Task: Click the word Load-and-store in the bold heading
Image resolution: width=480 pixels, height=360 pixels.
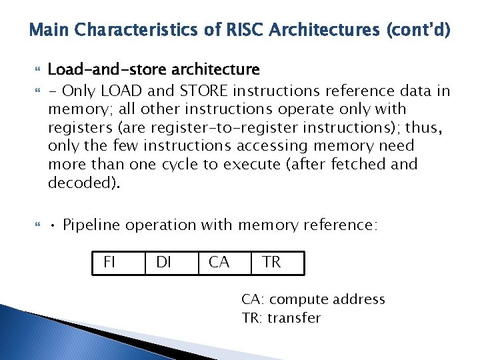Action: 97,69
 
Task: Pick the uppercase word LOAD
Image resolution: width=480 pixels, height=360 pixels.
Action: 119,91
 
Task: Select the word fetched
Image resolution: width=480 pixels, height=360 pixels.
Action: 360,164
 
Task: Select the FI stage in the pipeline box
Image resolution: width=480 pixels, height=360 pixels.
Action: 109,263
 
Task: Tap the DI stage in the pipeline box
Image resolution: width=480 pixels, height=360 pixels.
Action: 163,263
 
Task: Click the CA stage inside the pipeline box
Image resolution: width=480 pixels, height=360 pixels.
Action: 219,263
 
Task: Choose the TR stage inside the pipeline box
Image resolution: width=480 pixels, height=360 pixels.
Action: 272,263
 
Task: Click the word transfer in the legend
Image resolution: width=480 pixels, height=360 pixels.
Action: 294,318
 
